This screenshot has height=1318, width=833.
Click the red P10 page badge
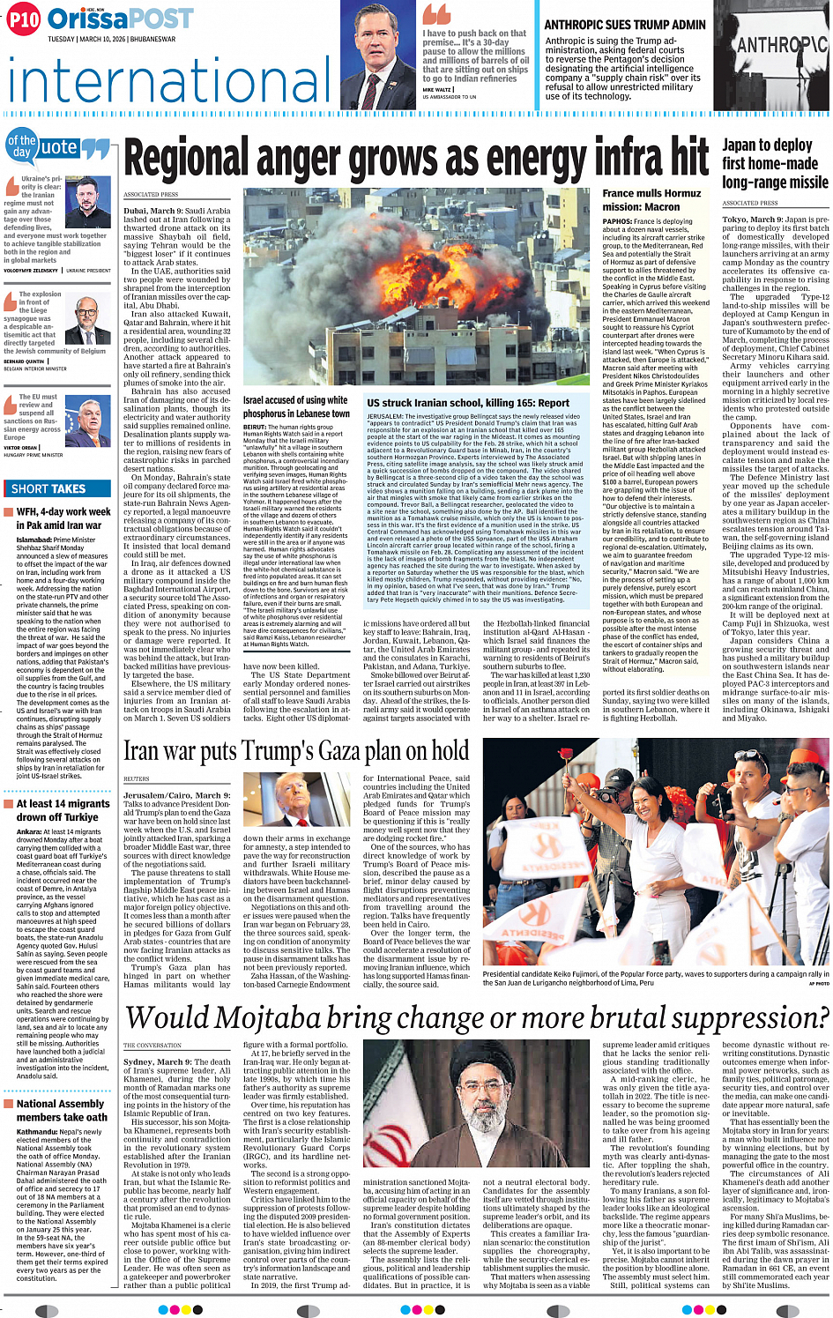24,19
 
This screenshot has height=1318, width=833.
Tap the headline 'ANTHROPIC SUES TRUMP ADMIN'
625,25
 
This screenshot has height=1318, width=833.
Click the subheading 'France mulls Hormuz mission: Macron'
651,199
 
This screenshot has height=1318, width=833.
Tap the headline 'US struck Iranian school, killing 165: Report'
468,403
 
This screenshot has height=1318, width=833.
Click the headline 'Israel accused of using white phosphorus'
296,406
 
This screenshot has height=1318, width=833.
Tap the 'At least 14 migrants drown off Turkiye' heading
63,810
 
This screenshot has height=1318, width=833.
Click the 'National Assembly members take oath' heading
61,1110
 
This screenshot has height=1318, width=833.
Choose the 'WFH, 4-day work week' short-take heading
63,511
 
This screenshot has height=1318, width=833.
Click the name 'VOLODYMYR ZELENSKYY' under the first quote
31,271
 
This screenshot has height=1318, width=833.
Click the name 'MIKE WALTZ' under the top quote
437,90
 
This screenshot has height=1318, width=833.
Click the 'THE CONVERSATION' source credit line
152,1046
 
